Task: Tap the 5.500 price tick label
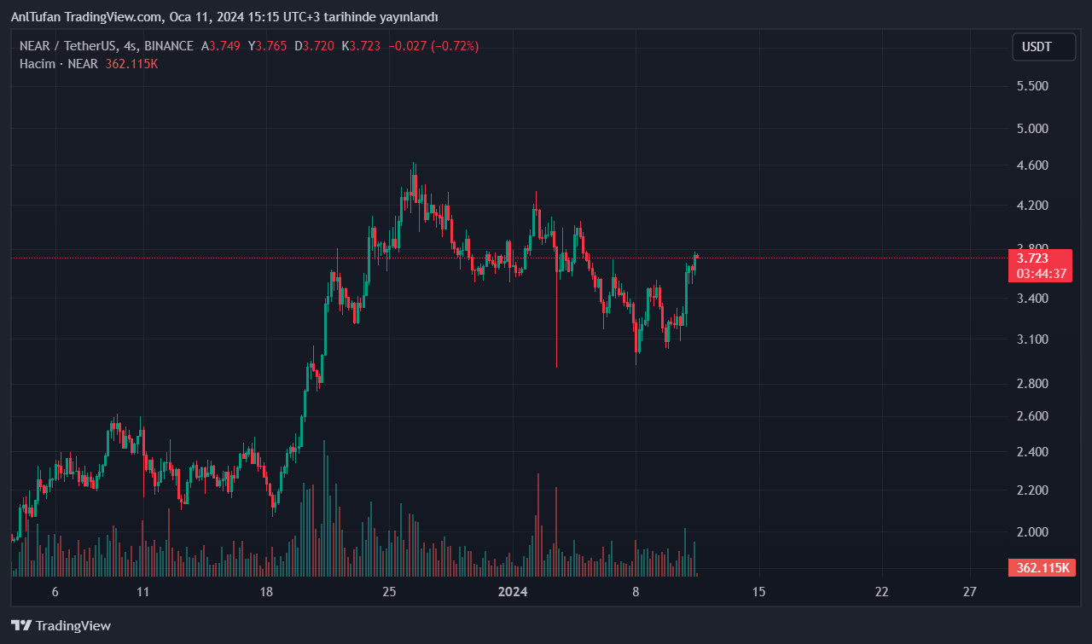[1031, 86]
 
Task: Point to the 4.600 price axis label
[1031, 165]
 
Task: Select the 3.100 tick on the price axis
[1031, 339]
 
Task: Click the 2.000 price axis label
[1031, 531]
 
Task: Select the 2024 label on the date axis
[512, 591]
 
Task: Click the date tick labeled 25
[389, 591]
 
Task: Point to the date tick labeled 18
[266, 591]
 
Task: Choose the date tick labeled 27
[969, 591]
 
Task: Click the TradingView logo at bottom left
[61, 625]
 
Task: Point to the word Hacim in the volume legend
[38, 64]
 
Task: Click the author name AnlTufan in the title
[36, 17]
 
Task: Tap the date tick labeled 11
[143, 591]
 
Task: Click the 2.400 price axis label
[1031, 451]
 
